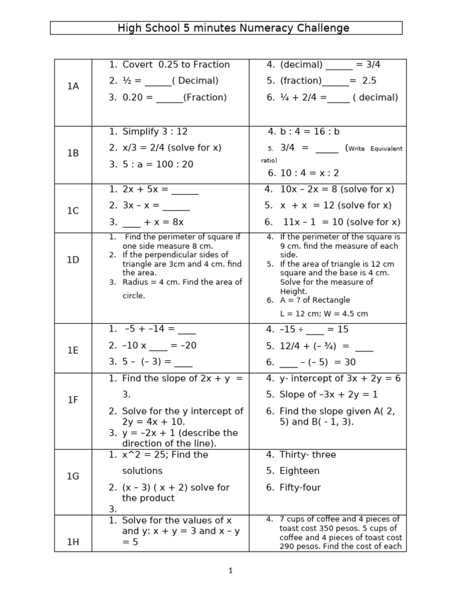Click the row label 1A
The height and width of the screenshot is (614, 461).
[73, 86]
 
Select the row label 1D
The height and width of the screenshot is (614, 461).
[73, 260]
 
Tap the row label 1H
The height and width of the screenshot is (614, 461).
[73, 542]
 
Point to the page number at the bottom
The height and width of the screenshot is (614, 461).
[230, 571]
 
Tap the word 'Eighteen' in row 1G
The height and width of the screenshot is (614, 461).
[300, 471]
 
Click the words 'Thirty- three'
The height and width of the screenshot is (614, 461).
[308, 455]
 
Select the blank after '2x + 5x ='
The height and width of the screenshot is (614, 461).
[185, 190]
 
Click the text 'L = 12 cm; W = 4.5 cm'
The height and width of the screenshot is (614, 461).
[324, 314]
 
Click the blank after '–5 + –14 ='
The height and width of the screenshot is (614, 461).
[187, 330]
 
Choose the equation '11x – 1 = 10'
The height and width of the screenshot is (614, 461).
[315, 222]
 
